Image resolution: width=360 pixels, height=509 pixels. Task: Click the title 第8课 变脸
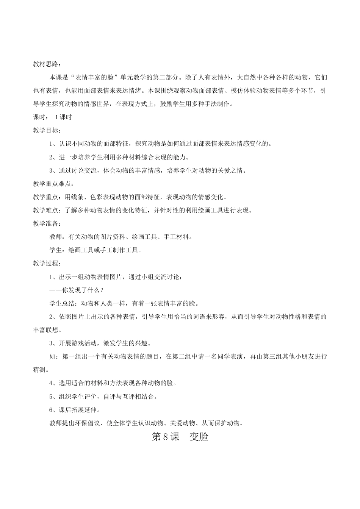click(180, 437)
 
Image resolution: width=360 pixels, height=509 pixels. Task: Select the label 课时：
click(41, 117)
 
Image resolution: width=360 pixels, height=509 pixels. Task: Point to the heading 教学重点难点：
click(53, 184)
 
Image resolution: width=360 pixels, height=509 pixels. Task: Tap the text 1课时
click(63, 117)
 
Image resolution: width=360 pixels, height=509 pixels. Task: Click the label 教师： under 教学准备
click(58, 237)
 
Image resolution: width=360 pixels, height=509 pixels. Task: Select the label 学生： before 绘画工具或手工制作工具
click(58, 250)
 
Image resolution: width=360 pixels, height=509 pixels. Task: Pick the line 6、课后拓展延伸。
click(75, 410)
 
